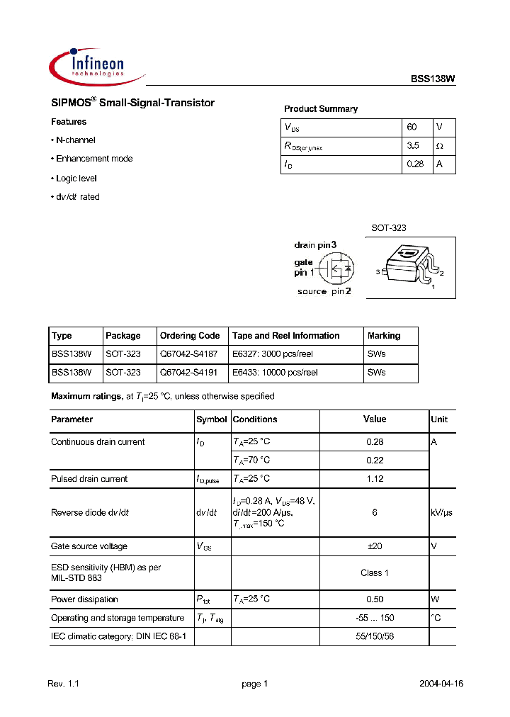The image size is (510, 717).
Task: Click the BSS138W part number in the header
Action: pos(433,81)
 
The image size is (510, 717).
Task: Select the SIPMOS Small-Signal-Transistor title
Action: pos(132,103)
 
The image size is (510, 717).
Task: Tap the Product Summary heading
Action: pos(321,109)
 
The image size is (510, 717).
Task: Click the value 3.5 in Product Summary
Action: pos(413,146)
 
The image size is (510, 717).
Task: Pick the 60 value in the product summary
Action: pos(412,128)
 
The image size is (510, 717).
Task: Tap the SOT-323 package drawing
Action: pos(410,264)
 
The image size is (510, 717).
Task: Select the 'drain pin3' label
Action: pos(315,245)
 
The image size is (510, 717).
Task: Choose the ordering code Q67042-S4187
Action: pos(188,354)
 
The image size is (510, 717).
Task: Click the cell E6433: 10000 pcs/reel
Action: pos(275,373)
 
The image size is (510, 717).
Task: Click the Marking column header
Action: pos(384,336)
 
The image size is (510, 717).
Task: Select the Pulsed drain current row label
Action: pos(89,479)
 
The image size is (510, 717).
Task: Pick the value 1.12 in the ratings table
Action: pos(375,479)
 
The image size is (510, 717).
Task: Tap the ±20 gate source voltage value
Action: pos(375,546)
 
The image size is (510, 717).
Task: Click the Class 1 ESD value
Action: pos(375,572)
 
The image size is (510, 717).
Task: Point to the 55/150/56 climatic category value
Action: pos(375,637)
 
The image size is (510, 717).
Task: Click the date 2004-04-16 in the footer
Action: pos(441,684)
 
